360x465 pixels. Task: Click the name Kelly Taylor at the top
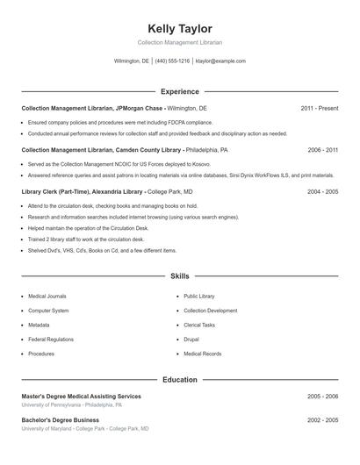point(180,28)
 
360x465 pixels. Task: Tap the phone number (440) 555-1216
point(172,61)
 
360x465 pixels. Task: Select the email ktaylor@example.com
point(220,61)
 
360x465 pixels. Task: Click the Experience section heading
point(180,91)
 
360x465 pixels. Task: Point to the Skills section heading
point(180,275)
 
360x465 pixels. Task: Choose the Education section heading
point(180,380)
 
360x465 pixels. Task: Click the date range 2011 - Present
point(319,108)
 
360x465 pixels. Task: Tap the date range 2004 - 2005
point(322,191)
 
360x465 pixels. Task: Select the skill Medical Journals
point(47,297)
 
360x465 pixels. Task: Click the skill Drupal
point(191,339)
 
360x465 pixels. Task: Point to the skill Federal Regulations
point(51,339)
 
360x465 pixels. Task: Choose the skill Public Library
point(199,297)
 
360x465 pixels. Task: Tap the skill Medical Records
point(203,354)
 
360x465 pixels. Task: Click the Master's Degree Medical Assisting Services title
point(81,397)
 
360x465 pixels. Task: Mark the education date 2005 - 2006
point(322,397)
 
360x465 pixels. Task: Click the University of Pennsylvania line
point(72,405)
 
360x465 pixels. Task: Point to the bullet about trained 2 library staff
point(74,239)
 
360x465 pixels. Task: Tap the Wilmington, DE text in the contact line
point(132,61)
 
